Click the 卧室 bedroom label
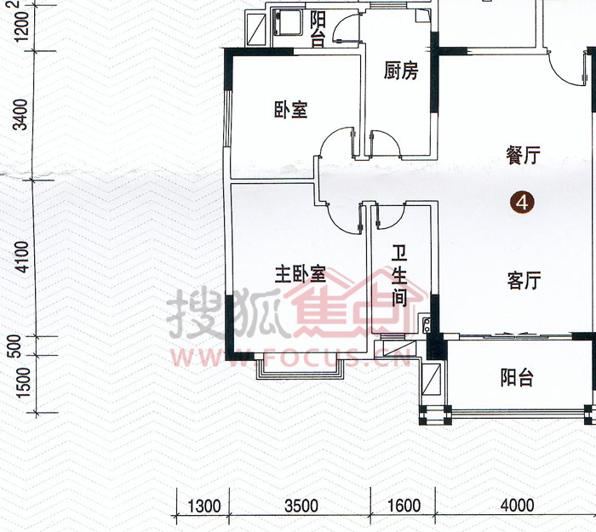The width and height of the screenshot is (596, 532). coord(291,110)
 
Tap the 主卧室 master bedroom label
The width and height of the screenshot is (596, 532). coord(301,273)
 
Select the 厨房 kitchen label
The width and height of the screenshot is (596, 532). coord(401,71)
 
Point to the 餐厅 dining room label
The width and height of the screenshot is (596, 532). coord(523,155)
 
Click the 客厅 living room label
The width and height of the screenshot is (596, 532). coord(524,280)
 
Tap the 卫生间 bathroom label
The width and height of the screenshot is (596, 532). coord(399,276)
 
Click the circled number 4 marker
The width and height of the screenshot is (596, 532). coord(522,203)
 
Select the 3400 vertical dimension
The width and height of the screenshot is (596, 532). coord(20,114)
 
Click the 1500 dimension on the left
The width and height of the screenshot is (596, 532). coord(24,382)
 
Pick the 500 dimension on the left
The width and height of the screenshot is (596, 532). coord(15,346)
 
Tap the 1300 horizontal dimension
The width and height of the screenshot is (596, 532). coord(204,506)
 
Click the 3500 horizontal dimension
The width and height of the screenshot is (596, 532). coord(301,506)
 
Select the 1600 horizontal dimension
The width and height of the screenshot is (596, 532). coord(404,506)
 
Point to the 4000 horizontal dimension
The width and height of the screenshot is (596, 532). coord(518,506)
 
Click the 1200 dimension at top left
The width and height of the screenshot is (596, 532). coord(22,26)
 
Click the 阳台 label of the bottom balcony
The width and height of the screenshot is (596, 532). coord(517,377)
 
